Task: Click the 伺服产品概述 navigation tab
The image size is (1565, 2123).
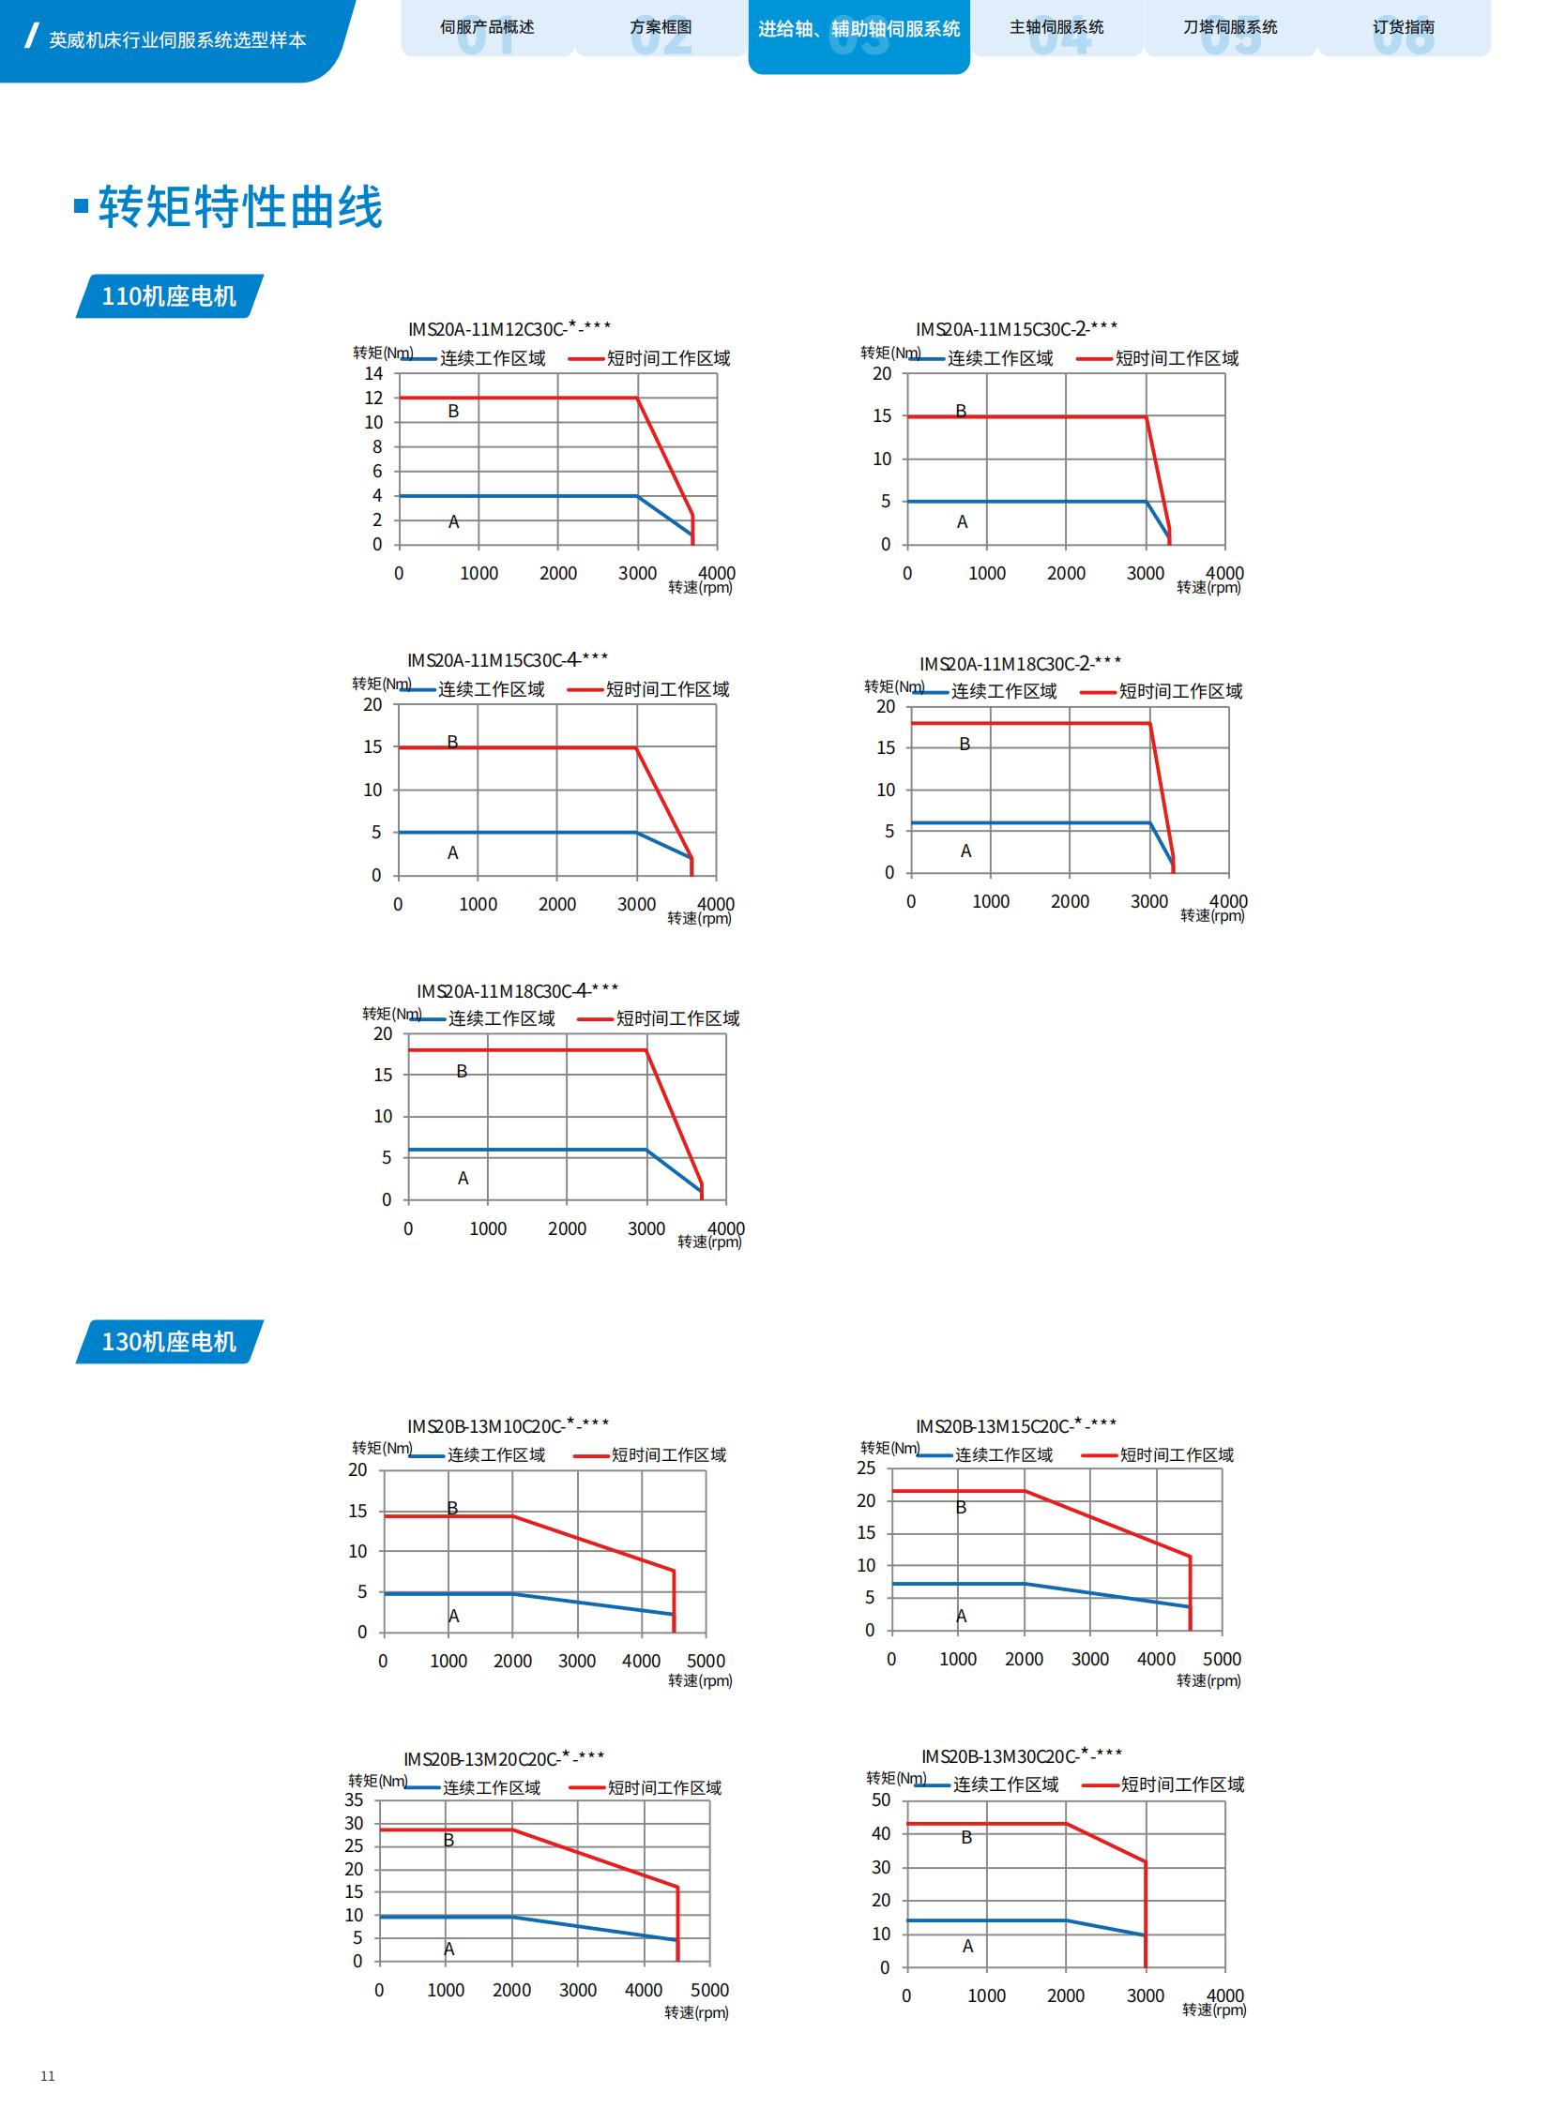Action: [487, 27]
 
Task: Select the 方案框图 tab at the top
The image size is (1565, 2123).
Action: [661, 27]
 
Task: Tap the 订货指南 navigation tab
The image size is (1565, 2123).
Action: [1403, 27]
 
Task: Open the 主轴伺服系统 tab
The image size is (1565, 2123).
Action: [1056, 27]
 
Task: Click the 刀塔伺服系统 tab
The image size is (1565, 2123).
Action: [1230, 27]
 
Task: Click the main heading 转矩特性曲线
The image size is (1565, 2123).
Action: [240, 206]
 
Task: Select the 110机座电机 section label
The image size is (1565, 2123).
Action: [169, 296]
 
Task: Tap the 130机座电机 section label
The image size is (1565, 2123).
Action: [169, 1342]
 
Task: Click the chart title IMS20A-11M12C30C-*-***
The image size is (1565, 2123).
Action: [509, 328]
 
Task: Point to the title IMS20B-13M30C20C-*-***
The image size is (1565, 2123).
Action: [1021, 1756]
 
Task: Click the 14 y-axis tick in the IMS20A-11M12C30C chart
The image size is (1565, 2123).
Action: [374, 373]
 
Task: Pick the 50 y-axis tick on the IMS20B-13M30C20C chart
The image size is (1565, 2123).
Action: [881, 1800]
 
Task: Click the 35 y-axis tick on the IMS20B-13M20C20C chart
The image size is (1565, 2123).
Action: [354, 1800]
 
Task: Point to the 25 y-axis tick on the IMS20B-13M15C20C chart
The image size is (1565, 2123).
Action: [866, 1468]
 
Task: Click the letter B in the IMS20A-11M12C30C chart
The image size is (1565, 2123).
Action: [454, 411]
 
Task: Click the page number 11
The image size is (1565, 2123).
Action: [47, 2077]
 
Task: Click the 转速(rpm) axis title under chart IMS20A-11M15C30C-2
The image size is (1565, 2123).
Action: [1208, 588]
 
